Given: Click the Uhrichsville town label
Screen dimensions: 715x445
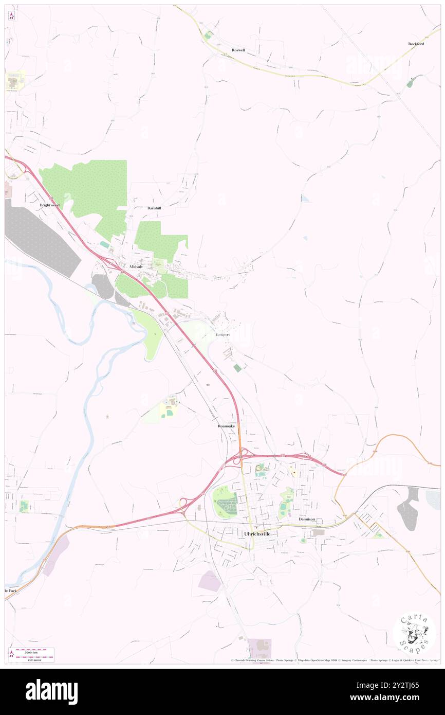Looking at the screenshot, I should pos(257,534).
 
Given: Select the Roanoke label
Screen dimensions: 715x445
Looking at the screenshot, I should pos(226,426).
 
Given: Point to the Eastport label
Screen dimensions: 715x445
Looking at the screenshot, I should pos(222,335).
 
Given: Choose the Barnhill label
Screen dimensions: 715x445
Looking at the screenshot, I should pos(154,208).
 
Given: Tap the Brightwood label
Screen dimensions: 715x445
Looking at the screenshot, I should pos(50,205).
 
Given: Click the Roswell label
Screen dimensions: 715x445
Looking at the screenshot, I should pos(238,50).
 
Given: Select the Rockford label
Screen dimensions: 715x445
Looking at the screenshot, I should pos(416,44).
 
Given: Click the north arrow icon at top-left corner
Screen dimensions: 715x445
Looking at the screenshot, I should pos(11,16).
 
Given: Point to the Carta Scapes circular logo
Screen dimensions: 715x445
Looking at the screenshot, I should pos(414,632).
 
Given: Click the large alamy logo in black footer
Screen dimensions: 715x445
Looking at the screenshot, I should pos(51,691).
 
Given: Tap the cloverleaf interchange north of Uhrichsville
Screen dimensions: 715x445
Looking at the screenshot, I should pos(241,455).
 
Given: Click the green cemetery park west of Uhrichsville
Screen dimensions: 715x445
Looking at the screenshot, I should pos(225,502).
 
